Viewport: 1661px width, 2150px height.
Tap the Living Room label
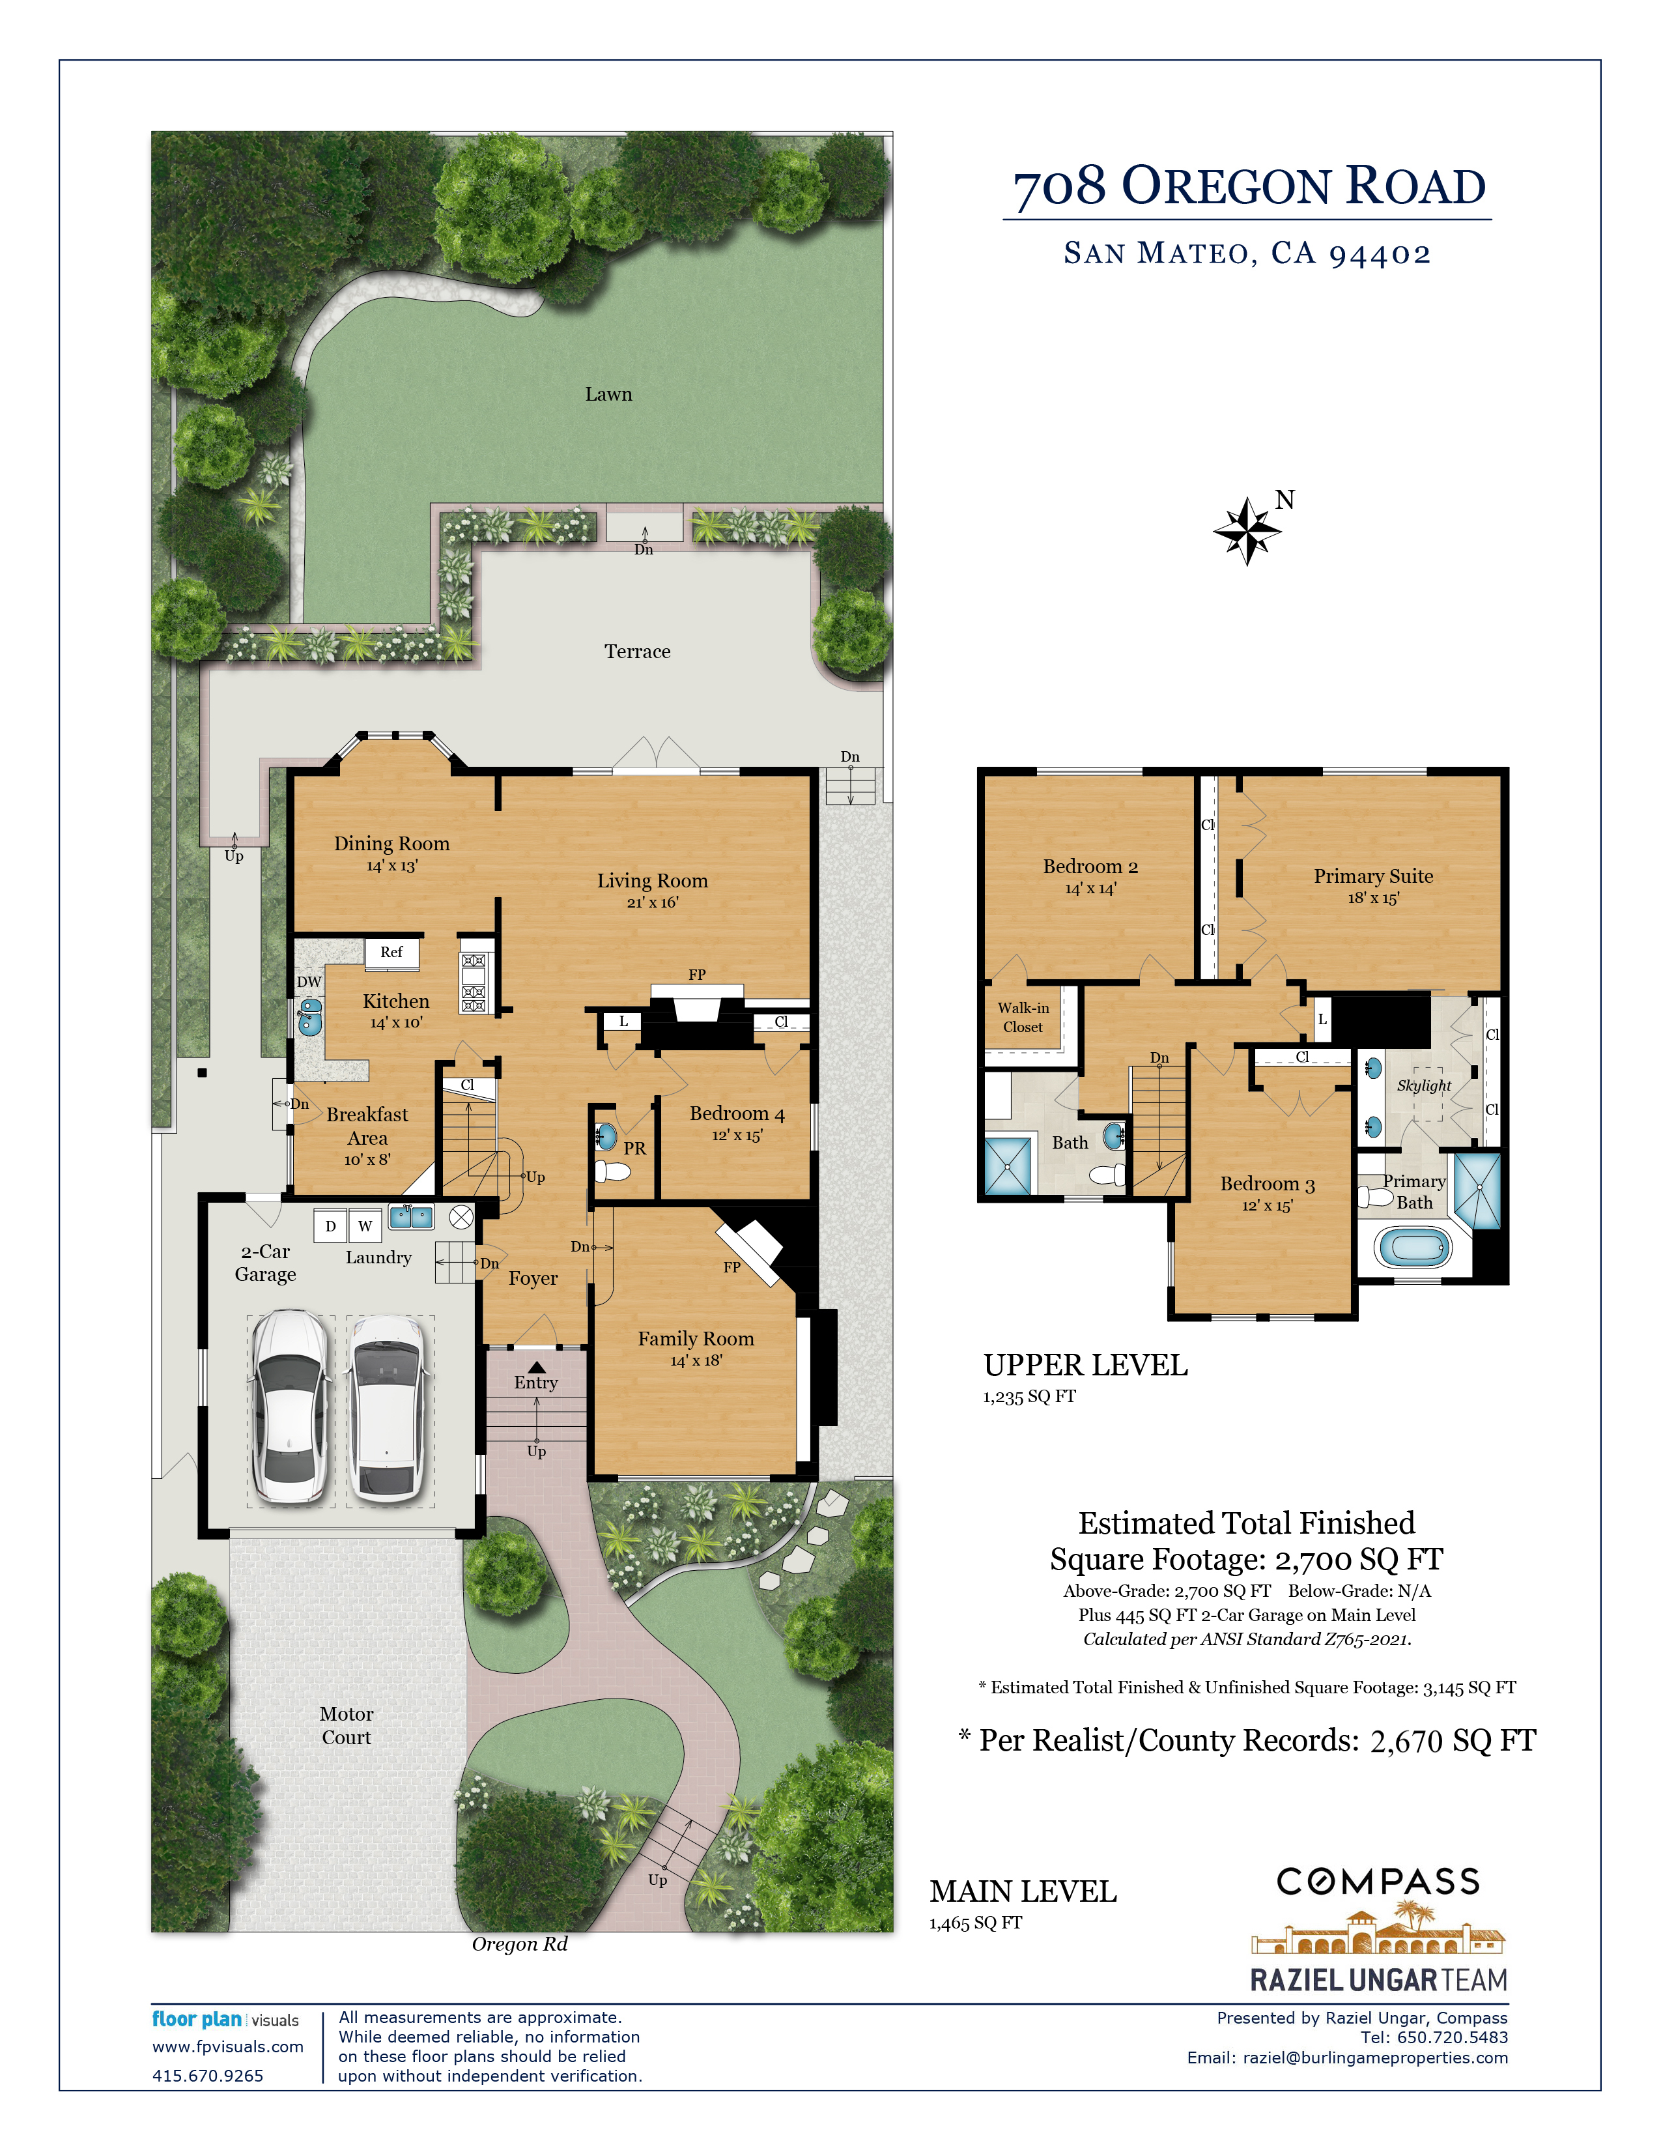pos(653,880)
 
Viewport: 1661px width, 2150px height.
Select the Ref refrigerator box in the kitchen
pos(391,952)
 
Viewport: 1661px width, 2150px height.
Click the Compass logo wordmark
pos(1378,1882)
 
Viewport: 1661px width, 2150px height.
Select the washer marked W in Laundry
pos(365,1225)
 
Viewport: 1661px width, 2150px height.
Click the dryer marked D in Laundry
pos(331,1225)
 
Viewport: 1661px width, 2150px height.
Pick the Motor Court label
pos(347,1725)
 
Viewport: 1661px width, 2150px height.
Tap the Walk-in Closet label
pos(1023,1017)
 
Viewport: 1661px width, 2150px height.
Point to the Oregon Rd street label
pos(520,1943)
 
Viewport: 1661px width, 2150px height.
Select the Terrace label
pos(638,651)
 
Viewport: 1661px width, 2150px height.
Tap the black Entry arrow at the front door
pos(536,1368)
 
